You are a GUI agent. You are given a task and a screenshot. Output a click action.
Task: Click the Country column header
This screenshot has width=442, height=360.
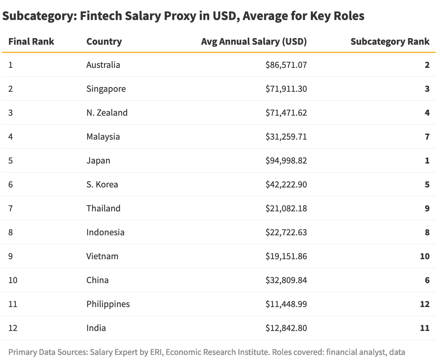(104, 42)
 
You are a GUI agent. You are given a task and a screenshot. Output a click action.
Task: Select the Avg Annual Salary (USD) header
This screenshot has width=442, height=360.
(254, 42)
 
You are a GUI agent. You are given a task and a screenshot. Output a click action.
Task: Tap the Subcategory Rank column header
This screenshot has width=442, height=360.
(390, 42)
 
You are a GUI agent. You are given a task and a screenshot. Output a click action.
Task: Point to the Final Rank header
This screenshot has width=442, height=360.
(31, 42)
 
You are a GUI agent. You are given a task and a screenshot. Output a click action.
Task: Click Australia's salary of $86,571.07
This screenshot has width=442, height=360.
(286, 65)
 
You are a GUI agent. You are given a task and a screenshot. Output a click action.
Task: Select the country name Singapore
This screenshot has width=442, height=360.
(106, 89)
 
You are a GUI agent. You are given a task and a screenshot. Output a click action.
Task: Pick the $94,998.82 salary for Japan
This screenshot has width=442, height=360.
(286, 160)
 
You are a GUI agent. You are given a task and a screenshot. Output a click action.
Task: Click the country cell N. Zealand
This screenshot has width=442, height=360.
(107, 113)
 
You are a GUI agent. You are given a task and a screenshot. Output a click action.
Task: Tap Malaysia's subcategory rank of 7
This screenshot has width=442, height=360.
(427, 136)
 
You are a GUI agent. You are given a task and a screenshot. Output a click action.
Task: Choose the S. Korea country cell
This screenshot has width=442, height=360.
(102, 184)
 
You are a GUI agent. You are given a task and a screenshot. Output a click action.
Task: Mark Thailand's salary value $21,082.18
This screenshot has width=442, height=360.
(286, 208)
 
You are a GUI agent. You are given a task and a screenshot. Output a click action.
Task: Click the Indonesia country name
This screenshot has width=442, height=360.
(105, 232)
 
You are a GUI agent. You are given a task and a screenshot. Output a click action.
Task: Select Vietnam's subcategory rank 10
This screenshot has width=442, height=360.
(424, 256)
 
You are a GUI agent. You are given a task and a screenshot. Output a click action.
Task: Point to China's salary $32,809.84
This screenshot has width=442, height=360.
(286, 280)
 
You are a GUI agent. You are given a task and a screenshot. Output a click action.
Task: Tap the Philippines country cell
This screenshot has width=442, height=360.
(108, 304)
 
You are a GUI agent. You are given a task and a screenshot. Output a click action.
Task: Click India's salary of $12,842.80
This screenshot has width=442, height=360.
(286, 328)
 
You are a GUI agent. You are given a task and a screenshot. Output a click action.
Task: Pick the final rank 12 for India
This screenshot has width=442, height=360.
(13, 328)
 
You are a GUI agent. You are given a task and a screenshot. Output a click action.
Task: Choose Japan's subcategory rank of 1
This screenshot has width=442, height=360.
(427, 160)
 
